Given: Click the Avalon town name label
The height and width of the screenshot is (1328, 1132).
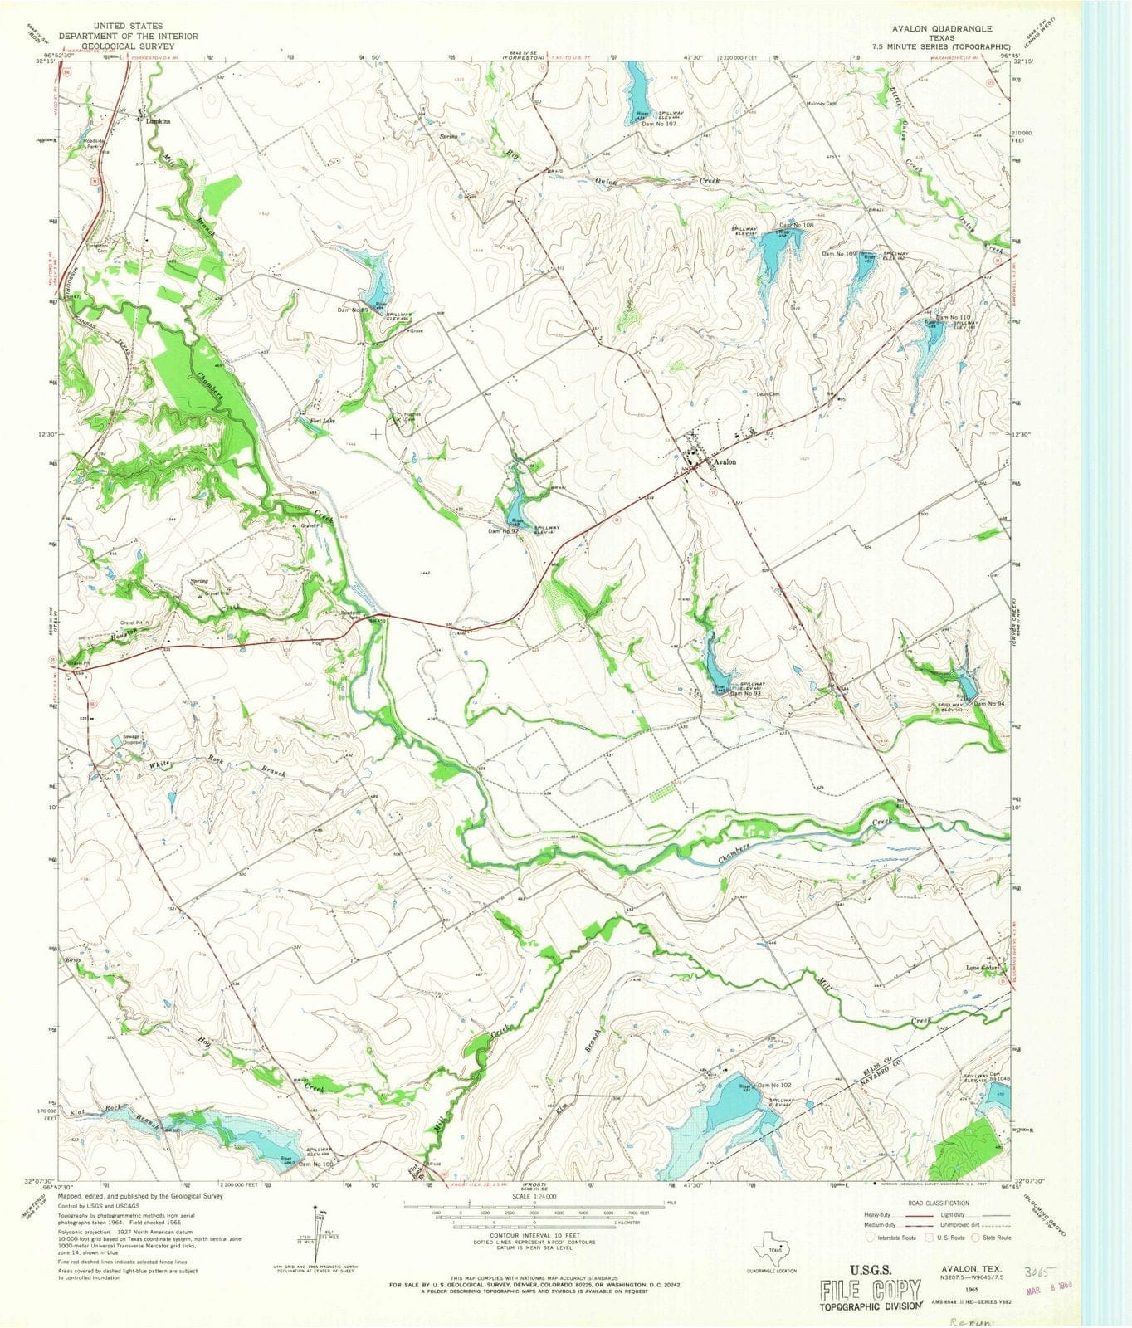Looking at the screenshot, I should click(x=722, y=462).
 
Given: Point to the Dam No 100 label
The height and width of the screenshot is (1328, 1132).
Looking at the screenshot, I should click(x=316, y=1165).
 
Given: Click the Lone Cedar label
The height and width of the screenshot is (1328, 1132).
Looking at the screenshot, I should click(x=980, y=969).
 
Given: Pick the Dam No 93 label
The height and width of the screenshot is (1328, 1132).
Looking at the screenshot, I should click(x=747, y=693).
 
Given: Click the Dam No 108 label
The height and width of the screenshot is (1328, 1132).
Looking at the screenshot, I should click(x=795, y=225).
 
